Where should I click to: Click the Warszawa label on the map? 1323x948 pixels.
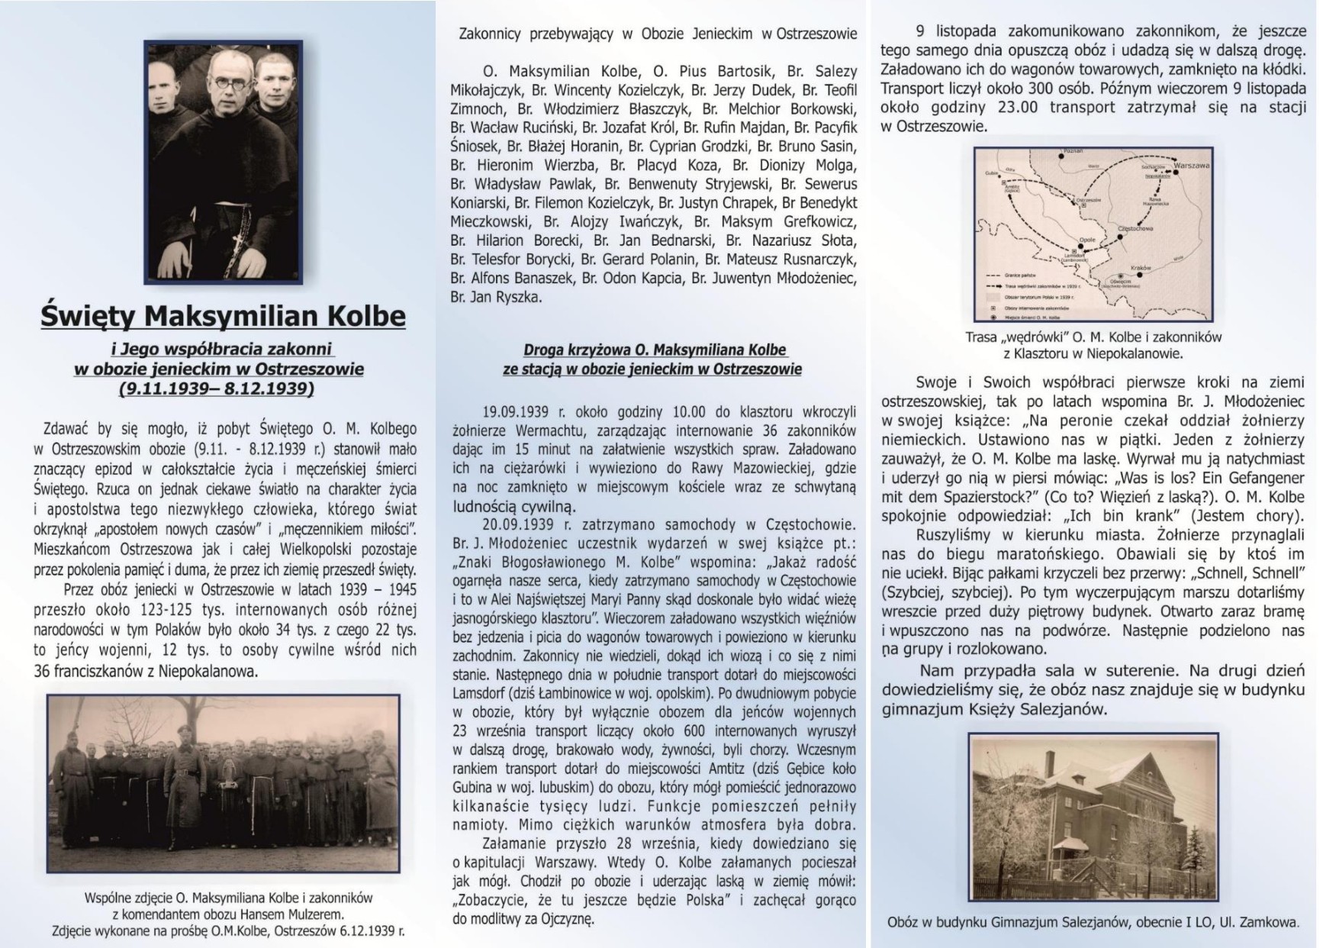pyautogui.click(x=1193, y=165)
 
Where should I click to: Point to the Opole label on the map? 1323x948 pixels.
pyautogui.click(x=1087, y=240)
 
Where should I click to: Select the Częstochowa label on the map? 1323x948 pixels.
pyautogui.click(x=1135, y=228)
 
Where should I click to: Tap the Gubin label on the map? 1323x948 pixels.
pyautogui.click(x=991, y=173)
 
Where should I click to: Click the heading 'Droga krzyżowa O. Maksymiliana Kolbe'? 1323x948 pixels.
pyautogui.click(x=655, y=350)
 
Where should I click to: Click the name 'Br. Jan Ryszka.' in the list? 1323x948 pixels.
pyautogui.click(x=496, y=298)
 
